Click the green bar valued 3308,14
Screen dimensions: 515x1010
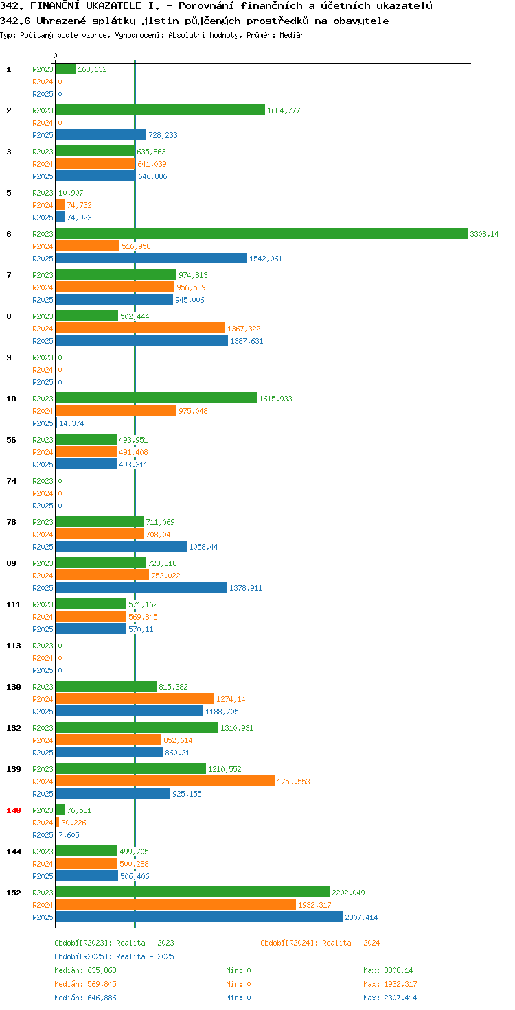tap(262, 233)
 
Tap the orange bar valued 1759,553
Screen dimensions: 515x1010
tap(165, 781)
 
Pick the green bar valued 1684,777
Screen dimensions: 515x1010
tap(160, 110)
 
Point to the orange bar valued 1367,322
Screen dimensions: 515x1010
tap(140, 328)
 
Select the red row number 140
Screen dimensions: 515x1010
tap(14, 810)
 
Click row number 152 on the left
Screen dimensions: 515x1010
tap(14, 892)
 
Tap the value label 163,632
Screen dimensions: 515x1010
tap(92, 69)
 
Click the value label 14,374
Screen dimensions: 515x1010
tap(71, 423)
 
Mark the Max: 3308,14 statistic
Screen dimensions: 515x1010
tap(388, 970)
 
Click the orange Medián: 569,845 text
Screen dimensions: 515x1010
tap(85, 984)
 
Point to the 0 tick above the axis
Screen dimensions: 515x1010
tap(55, 56)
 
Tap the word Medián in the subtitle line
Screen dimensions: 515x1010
tap(292, 35)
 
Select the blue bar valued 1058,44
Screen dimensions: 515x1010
tap(122, 546)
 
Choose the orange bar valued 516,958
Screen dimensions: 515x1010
tap(88, 245)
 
